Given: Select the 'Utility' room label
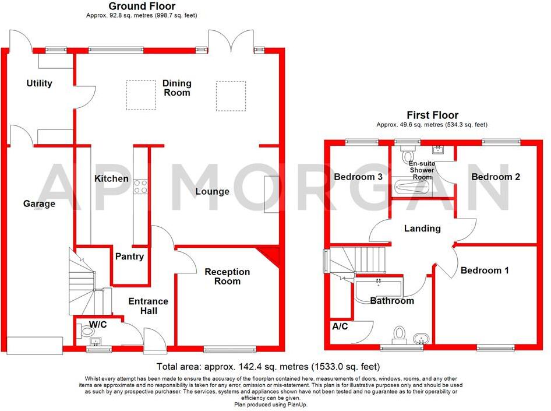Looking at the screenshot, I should pos(39,83).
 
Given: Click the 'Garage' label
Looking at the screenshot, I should pos(39,203).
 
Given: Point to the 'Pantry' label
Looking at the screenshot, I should pos(129,256).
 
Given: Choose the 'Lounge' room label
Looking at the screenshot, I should pos(212,191).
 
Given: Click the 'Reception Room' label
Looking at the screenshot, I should pos(227,276).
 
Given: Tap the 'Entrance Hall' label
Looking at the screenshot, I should pos(148,306).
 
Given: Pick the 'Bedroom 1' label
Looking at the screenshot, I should pos(485,271).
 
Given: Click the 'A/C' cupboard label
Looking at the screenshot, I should pos(340,326).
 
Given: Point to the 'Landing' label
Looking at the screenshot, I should pos(422,228).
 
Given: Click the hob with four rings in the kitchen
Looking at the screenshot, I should pos(140,186).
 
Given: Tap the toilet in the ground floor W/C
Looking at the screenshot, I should pos(86,332).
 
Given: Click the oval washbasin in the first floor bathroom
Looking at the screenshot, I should pos(419,339).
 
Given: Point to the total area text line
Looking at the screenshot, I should pos(268,367).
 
